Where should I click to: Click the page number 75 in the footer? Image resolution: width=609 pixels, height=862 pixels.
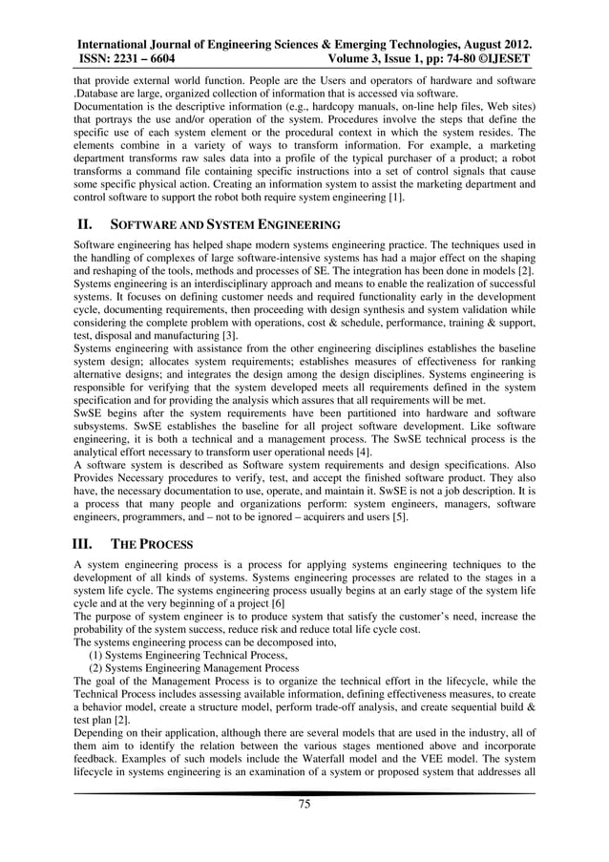[304, 804]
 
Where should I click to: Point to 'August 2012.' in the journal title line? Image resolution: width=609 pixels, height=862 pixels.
[493, 44]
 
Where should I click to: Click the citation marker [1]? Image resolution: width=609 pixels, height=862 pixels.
[392, 198]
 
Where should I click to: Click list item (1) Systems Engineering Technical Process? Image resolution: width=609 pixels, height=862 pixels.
[187, 657]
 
